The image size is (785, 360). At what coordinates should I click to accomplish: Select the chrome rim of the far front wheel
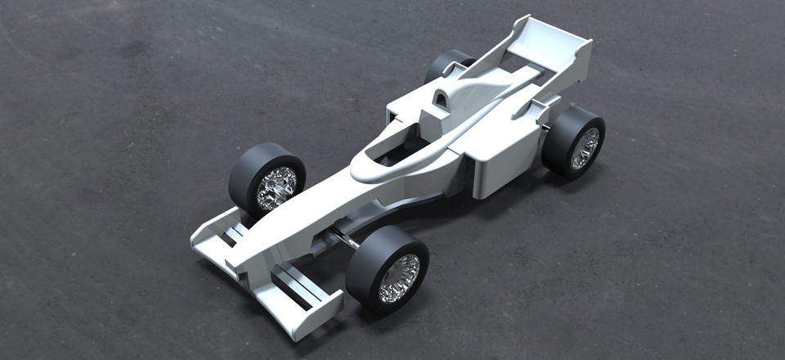[276, 187]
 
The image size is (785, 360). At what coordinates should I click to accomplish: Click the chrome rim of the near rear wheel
[585, 148]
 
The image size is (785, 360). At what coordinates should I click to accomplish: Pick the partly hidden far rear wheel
[446, 65]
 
